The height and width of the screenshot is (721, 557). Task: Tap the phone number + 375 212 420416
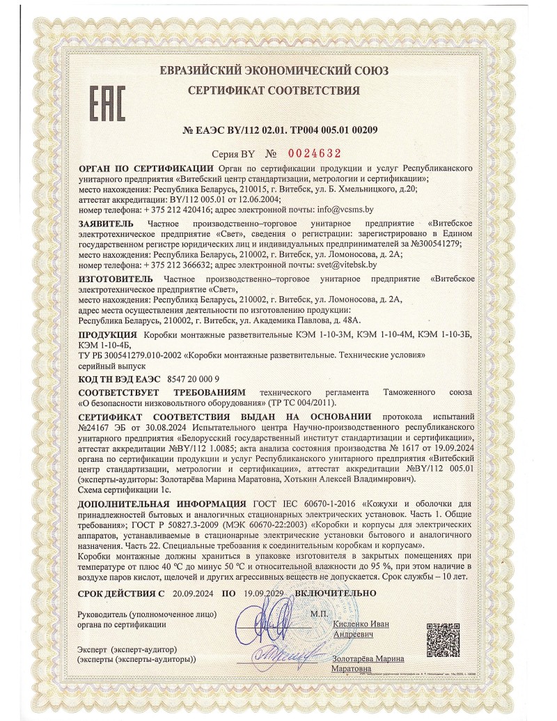pos(188,209)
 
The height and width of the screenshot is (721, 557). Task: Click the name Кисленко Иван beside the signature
pos(361,624)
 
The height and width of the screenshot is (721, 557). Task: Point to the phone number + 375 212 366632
pos(188,265)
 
